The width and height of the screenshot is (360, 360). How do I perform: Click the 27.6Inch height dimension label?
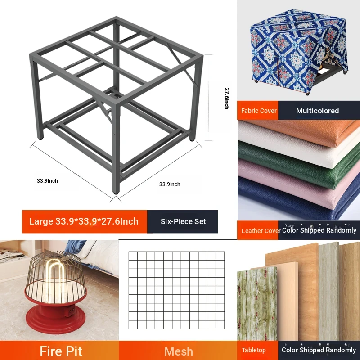(x=227, y=98)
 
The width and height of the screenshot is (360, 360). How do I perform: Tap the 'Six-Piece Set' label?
(x=183, y=221)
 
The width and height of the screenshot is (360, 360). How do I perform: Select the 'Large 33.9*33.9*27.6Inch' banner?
(x=84, y=221)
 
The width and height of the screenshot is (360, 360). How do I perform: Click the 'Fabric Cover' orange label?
(x=259, y=111)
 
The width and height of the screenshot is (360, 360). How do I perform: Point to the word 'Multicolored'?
(x=317, y=111)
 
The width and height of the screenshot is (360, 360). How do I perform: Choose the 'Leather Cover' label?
(x=261, y=231)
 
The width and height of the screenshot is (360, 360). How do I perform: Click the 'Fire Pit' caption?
(x=61, y=351)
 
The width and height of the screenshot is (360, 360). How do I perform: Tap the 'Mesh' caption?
(x=179, y=351)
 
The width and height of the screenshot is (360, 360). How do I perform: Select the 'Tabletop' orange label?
(x=254, y=350)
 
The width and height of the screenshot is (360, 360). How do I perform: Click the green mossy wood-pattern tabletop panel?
(x=257, y=303)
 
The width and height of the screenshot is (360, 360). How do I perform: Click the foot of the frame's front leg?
(x=116, y=192)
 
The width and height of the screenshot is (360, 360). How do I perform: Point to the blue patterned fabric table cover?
(x=298, y=50)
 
